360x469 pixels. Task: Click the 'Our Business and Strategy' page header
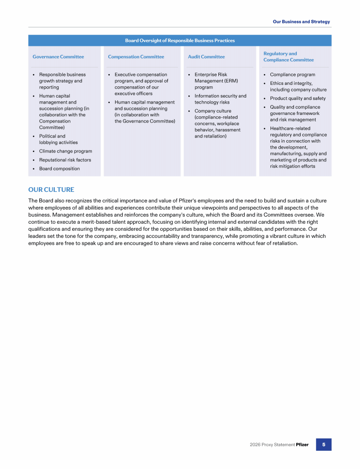pos(301,22)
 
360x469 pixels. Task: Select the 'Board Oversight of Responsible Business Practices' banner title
pos(180,41)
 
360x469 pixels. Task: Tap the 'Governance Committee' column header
pos(58,57)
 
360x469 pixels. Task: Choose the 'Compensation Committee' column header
pos(136,57)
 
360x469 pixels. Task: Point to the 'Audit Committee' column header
pos(206,57)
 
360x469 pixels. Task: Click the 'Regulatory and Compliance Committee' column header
pos(288,57)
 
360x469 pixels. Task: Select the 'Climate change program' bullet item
pos(66,151)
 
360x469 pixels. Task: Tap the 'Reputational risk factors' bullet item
pos(65,160)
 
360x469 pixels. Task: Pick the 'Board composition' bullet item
pos(60,168)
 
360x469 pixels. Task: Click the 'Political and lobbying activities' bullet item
pos(58,139)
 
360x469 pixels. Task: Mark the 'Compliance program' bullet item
pos(292,75)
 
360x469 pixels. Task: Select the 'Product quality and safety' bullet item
pos(298,98)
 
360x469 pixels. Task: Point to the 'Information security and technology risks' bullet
pos(220,99)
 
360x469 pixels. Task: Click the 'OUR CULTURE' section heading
pos(51,189)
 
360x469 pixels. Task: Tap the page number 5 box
pos(323,444)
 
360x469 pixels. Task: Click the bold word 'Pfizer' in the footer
pos(302,445)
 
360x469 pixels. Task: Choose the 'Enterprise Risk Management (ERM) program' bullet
pos(216,81)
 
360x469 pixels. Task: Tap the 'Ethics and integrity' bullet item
pos(298,86)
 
